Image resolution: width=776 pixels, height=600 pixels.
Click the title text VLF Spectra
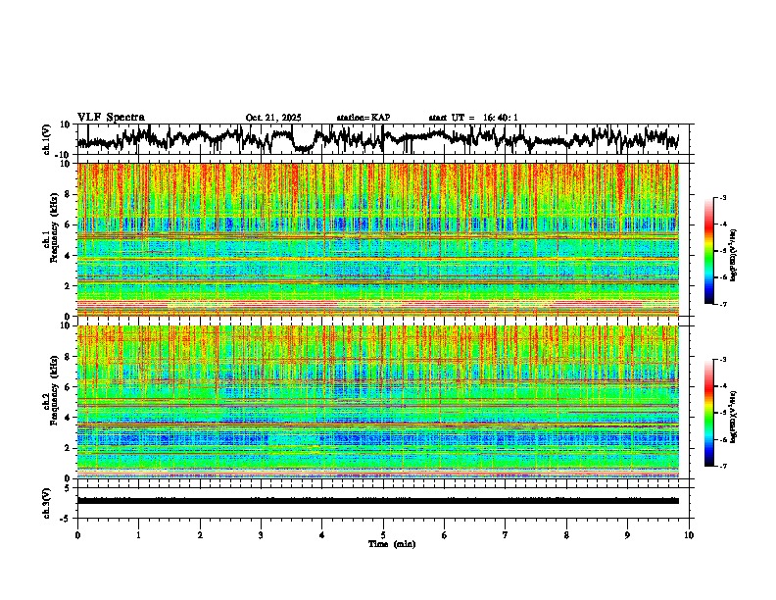tap(111, 117)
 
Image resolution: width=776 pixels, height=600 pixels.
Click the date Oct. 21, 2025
tap(273, 118)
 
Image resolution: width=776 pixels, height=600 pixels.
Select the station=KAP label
tap(363, 118)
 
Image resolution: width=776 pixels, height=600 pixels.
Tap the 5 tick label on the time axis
tap(383, 535)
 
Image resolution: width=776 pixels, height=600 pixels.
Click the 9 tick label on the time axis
tap(628, 535)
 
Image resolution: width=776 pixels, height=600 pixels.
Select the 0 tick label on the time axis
tap(77, 535)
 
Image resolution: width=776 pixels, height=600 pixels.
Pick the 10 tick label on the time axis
tap(689, 535)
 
